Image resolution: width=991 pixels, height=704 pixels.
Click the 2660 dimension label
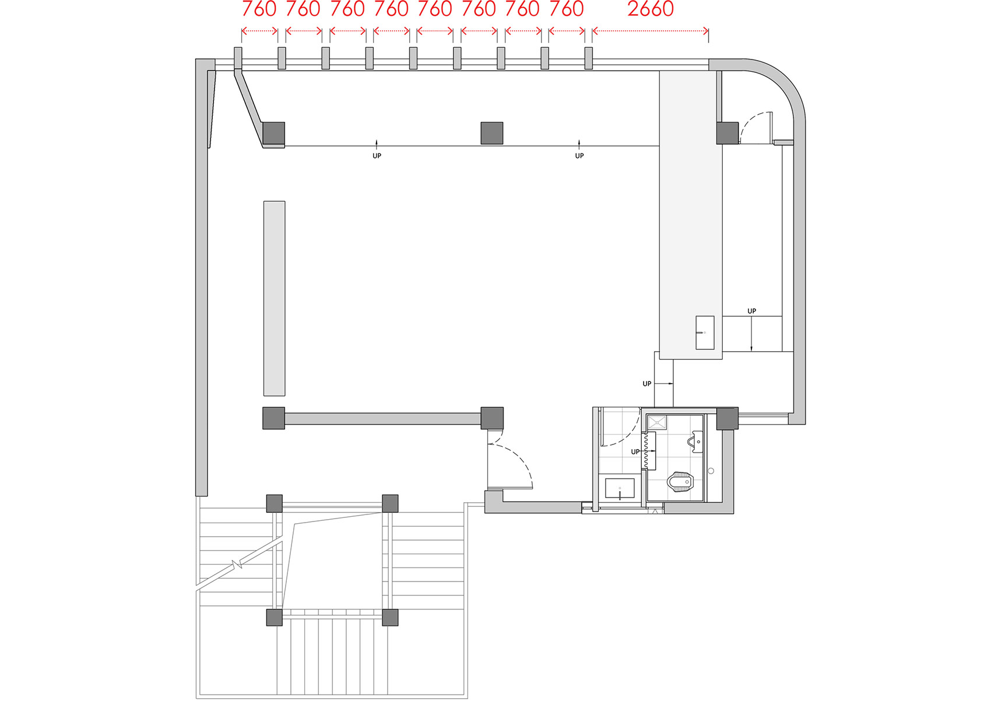tap(650, 9)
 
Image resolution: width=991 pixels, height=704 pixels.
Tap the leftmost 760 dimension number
tap(259, 9)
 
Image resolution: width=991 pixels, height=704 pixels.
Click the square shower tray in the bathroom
tap(657, 422)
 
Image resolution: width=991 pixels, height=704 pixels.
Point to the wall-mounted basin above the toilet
tap(697, 442)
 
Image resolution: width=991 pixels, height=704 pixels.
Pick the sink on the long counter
tap(705, 332)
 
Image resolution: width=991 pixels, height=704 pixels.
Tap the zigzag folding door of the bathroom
tap(646, 450)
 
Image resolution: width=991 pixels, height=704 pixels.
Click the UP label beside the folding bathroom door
tap(635, 452)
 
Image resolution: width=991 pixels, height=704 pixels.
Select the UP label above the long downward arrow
tap(751, 311)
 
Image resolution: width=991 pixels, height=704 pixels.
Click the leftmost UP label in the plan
tap(377, 156)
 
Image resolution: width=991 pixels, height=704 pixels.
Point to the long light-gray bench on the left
tap(274, 298)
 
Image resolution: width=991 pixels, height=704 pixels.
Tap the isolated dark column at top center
tap(491, 133)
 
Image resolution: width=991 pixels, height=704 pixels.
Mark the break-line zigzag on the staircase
tap(237, 564)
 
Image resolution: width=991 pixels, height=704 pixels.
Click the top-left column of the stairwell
tap(274, 503)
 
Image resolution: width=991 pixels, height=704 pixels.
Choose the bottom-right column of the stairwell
tap(390, 617)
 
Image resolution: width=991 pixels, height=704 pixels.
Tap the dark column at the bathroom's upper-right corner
tap(727, 418)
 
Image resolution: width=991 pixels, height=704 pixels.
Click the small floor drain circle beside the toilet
tap(711, 471)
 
